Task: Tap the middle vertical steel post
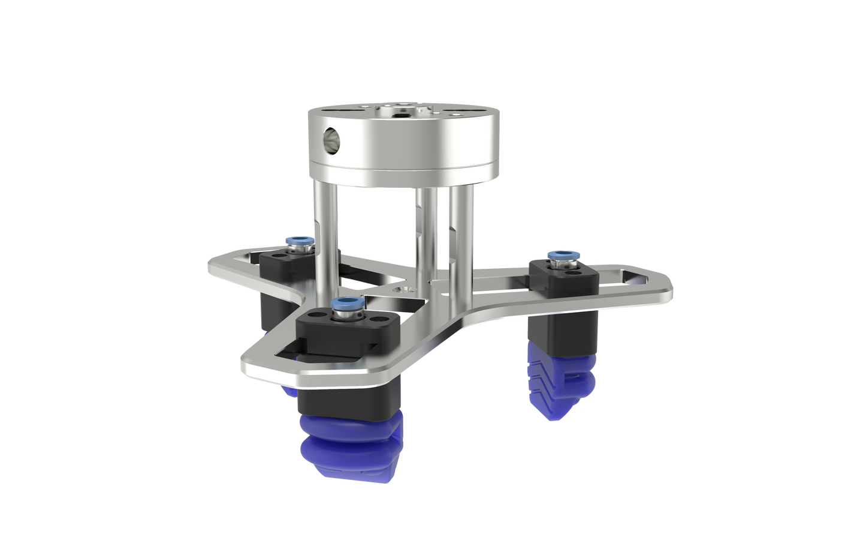(427, 240)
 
